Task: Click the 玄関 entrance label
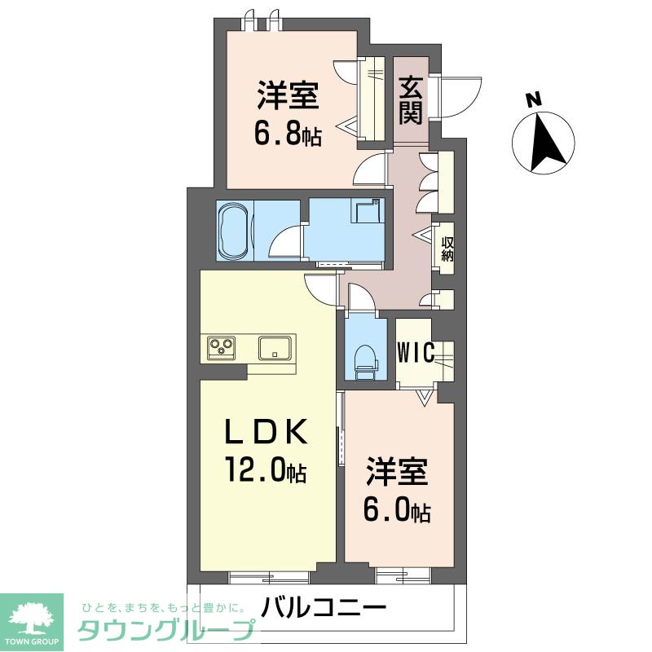click(x=410, y=99)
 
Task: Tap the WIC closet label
click(x=416, y=351)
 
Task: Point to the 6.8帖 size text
click(x=287, y=132)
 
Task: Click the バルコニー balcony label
click(x=324, y=608)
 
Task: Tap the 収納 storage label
click(x=447, y=249)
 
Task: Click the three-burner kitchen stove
click(x=221, y=348)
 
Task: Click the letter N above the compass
click(x=533, y=99)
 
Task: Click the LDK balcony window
click(x=269, y=577)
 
